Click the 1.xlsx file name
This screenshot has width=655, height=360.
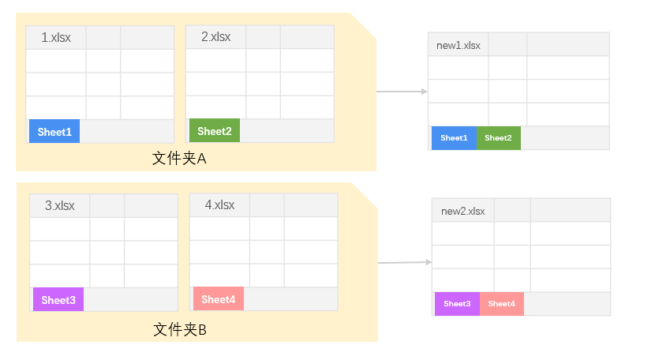click(x=56, y=37)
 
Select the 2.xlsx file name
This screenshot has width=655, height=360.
click(x=216, y=37)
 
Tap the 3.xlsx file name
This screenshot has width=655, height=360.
click(x=60, y=205)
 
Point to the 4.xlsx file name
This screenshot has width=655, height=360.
click(x=220, y=205)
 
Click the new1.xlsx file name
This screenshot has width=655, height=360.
click(x=458, y=45)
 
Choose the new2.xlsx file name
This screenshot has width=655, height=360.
click(x=463, y=211)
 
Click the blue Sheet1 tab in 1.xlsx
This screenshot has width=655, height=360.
click(x=54, y=131)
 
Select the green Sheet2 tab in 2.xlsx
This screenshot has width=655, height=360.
click(x=215, y=131)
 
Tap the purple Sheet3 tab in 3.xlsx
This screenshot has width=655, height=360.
click(x=58, y=300)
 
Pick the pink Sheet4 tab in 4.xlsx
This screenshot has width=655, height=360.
click(x=219, y=299)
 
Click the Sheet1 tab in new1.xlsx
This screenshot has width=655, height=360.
click(x=454, y=138)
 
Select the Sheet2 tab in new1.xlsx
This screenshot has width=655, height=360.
click(x=498, y=138)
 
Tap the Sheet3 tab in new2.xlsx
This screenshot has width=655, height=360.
click(x=457, y=304)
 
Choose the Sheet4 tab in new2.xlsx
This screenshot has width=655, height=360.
click(x=501, y=304)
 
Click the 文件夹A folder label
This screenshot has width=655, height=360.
click(x=179, y=159)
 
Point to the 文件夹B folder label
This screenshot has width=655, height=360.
click(x=180, y=329)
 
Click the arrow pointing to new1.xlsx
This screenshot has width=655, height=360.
click(x=403, y=92)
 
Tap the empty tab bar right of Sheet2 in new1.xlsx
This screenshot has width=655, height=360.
click(x=564, y=138)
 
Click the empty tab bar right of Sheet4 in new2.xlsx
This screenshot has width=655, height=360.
click(x=567, y=304)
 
